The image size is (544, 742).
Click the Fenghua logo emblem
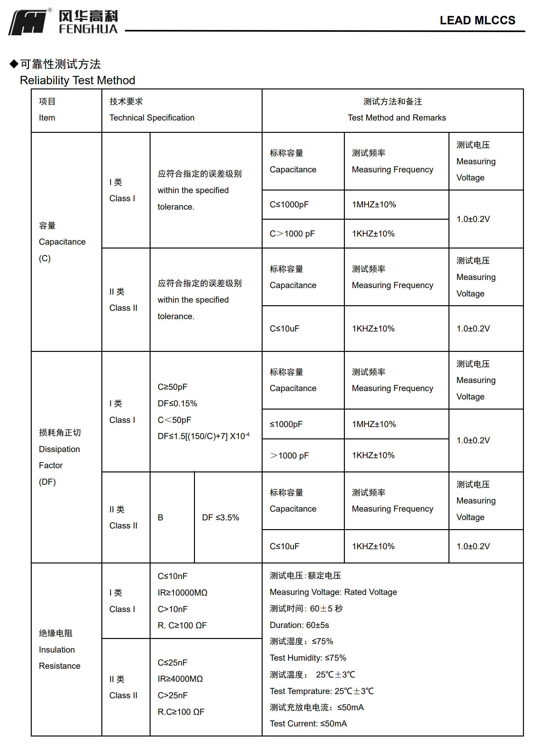(28, 22)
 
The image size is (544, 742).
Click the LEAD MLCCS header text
(477, 20)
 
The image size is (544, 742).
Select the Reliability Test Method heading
(77, 80)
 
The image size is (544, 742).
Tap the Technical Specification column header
(152, 118)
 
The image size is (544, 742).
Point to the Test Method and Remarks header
(396, 118)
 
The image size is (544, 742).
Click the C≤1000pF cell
(289, 204)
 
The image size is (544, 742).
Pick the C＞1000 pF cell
(292, 234)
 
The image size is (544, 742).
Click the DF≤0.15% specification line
(177, 403)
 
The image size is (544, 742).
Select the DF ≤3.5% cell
(220, 517)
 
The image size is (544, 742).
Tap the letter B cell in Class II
(160, 517)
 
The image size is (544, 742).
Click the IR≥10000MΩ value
(182, 592)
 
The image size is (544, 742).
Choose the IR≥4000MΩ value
(180, 679)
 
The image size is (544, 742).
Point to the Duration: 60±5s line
(299, 625)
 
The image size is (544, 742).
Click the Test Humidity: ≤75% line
(308, 658)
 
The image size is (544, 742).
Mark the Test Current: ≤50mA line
(308, 724)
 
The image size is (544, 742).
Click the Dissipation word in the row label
(59, 449)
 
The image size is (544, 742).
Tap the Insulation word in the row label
(57, 650)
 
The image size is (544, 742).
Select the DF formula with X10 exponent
(203, 436)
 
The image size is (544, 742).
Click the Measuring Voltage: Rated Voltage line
(333, 592)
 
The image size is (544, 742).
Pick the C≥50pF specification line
(172, 387)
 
